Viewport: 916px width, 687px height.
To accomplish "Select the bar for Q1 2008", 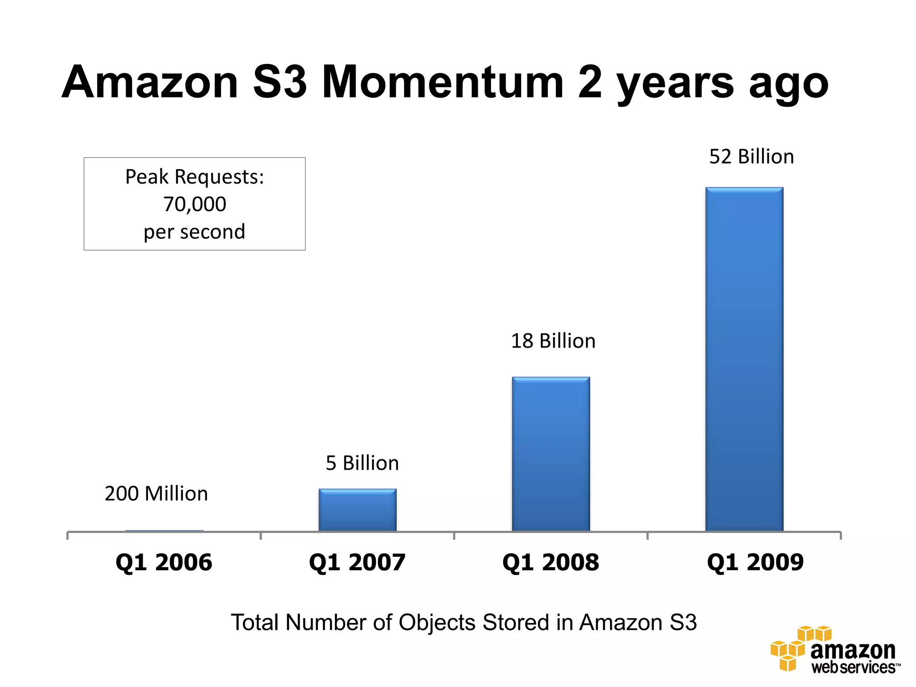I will tap(551, 454).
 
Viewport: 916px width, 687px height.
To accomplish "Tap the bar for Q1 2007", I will tap(357, 509).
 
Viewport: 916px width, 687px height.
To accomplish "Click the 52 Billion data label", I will tap(751, 157).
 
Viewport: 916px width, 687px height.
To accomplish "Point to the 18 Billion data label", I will tap(553, 341).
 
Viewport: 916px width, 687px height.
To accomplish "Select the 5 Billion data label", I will tap(362, 463).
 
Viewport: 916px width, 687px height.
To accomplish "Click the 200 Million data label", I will tap(156, 494).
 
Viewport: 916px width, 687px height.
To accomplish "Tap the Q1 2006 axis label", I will tap(164, 562).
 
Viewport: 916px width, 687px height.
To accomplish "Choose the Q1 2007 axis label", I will tap(357, 562).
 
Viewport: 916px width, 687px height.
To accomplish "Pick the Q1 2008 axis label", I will tap(551, 562).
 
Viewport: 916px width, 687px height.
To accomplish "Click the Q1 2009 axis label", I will tap(755, 562).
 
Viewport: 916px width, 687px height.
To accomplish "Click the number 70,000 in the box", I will tap(195, 204).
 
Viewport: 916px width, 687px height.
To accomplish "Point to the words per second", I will tap(194, 232).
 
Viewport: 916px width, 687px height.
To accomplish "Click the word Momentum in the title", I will tap(443, 82).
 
